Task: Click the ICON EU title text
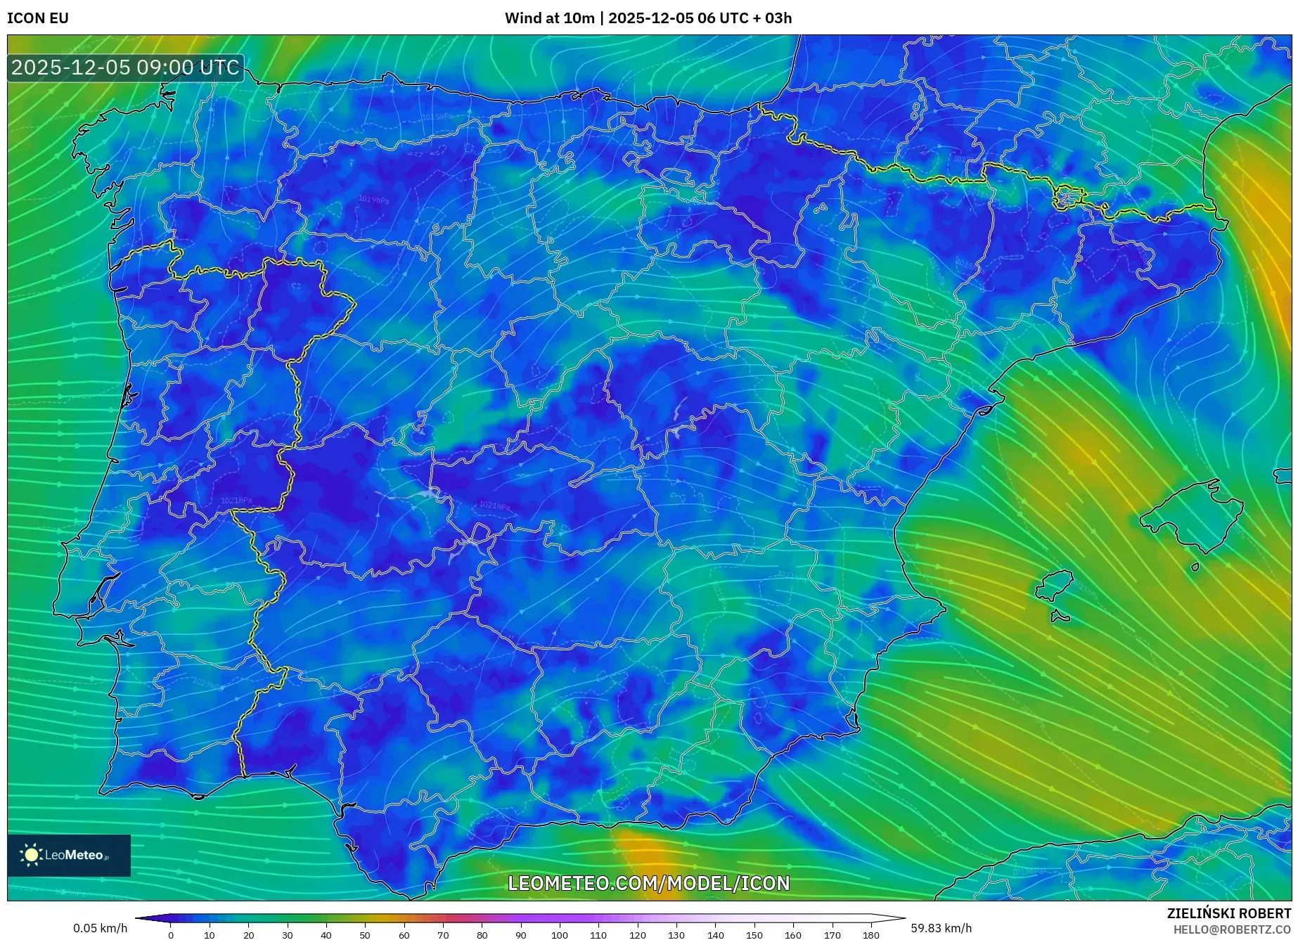pos(38,18)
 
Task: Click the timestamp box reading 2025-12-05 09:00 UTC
pos(125,67)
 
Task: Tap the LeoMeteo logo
pos(68,855)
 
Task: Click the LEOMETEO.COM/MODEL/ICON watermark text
pos(648,883)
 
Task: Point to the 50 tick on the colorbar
pos(365,935)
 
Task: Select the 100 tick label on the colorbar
pos(559,935)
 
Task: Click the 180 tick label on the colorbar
pos(870,935)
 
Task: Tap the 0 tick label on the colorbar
pos(171,935)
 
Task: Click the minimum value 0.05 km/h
pos(101,928)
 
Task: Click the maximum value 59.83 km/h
pos(941,928)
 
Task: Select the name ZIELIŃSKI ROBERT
pos(1228,913)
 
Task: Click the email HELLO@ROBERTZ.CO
pos(1231,929)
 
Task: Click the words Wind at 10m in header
pos(549,18)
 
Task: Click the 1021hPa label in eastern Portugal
pos(236,501)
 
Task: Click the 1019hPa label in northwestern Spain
pos(373,200)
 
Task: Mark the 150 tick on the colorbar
pos(754,935)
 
